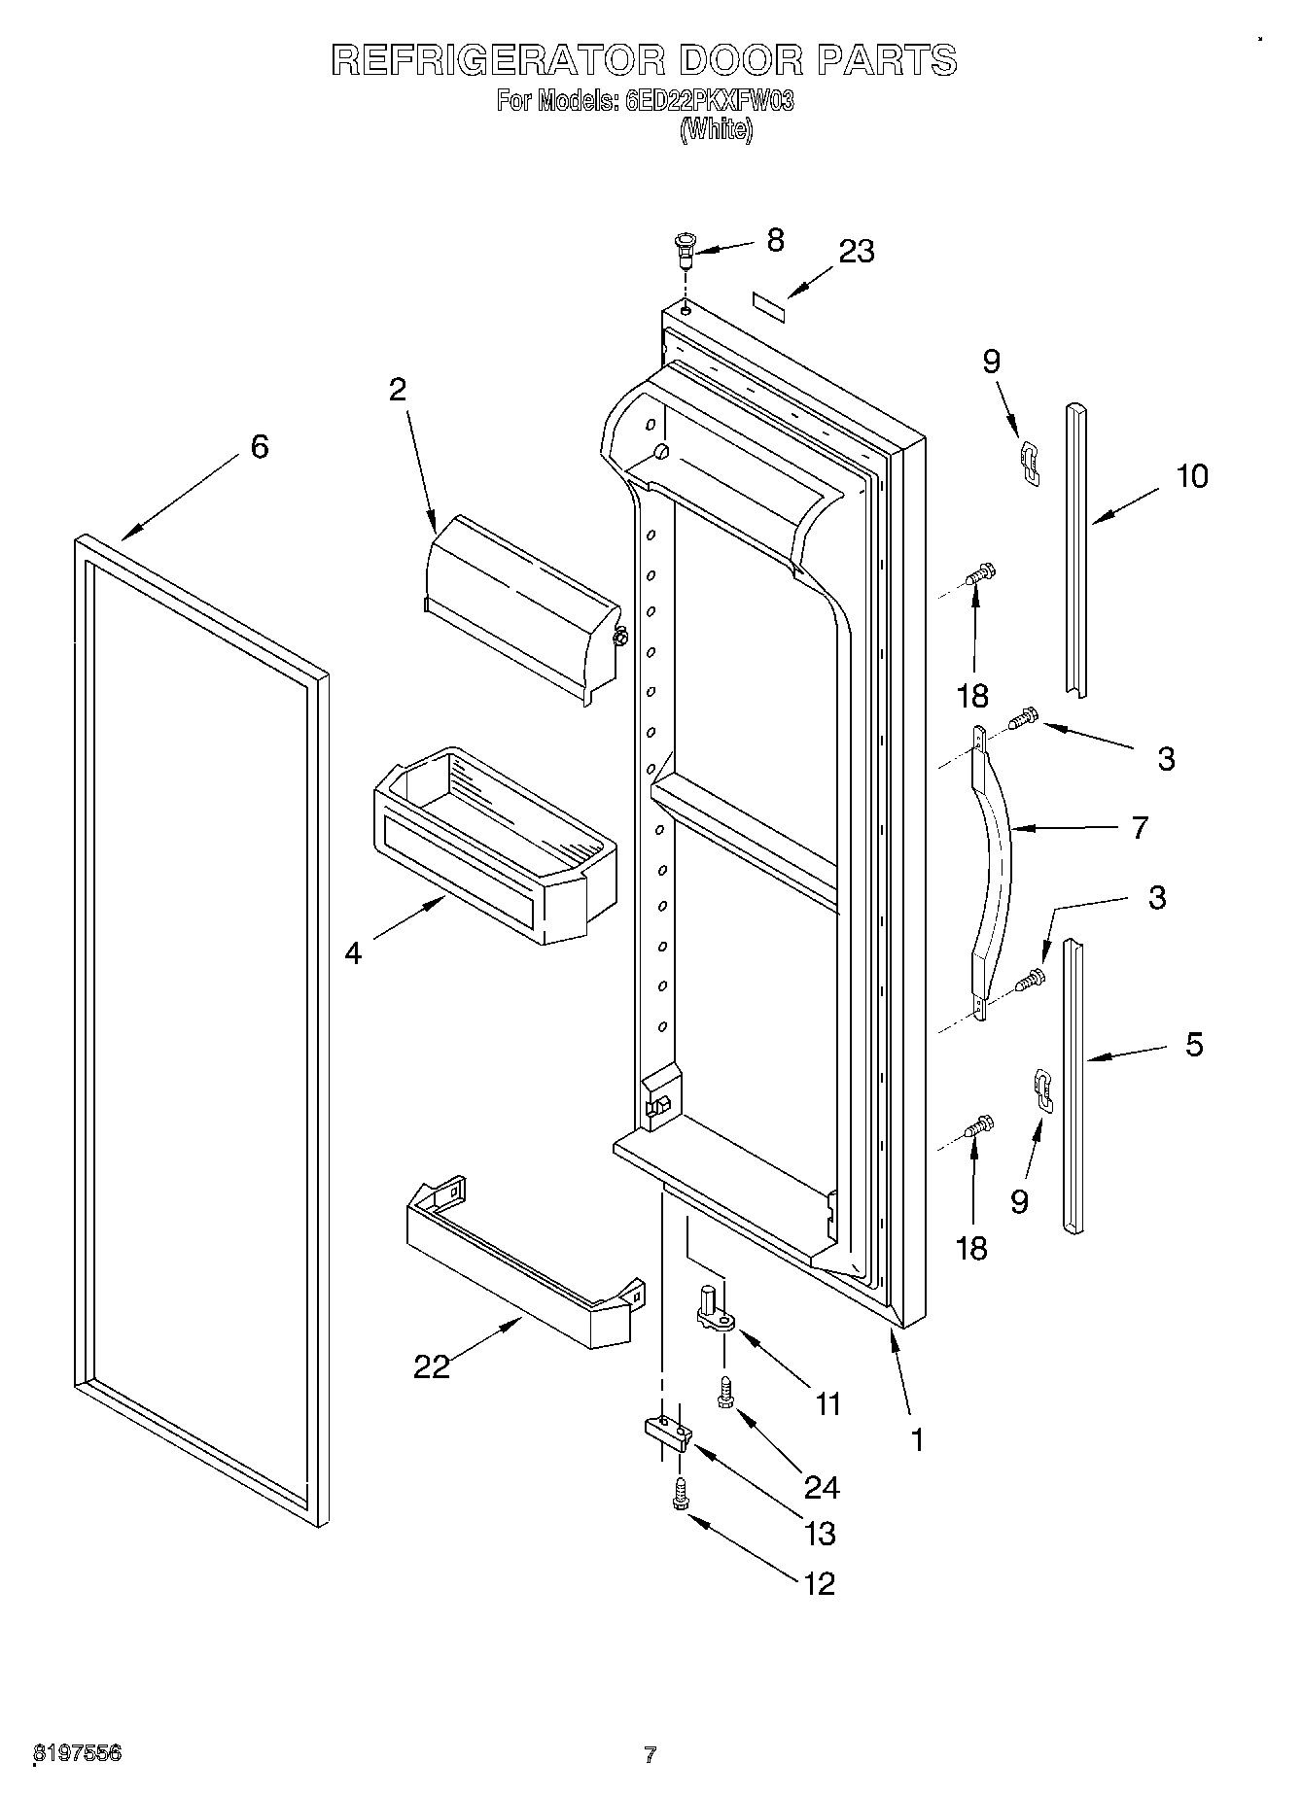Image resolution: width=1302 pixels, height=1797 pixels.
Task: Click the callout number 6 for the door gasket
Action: [259, 447]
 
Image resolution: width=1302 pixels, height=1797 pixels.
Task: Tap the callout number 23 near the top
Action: [857, 251]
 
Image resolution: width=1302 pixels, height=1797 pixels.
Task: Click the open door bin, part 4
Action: [491, 841]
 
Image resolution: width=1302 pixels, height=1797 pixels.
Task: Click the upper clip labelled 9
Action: [1029, 461]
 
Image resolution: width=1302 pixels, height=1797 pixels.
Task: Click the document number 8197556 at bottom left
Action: [78, 1753]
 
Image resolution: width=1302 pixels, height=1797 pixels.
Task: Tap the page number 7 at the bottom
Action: [651, 1754]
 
